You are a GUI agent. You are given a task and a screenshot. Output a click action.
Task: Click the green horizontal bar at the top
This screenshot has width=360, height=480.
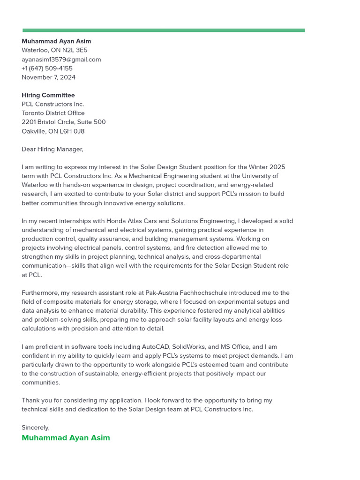point(164,30)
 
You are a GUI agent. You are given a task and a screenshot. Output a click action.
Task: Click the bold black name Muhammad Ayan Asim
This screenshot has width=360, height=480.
point(56,41)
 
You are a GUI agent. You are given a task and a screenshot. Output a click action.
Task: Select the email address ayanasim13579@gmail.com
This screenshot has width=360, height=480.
point(61,60)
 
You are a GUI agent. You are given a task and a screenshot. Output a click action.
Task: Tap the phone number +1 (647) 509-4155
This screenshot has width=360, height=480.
point(47,68)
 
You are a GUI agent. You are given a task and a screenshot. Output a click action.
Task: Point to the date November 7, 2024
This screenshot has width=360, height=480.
point(48,77)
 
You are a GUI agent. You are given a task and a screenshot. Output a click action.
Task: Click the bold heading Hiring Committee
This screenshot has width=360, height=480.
point(48,95)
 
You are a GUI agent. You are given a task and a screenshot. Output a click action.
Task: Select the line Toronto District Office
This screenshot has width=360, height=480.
point(53,113)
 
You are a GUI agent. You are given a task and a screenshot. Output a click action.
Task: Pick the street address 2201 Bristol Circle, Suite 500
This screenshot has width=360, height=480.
point(63,122)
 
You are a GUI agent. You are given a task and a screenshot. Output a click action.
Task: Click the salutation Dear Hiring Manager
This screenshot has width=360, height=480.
point(52,149)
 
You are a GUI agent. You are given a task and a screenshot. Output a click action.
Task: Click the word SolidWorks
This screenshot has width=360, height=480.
point(189,347)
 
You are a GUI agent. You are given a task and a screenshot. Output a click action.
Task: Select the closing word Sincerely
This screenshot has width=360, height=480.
point(35,427)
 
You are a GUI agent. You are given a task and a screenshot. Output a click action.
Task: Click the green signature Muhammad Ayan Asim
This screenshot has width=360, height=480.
point(66,438)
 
